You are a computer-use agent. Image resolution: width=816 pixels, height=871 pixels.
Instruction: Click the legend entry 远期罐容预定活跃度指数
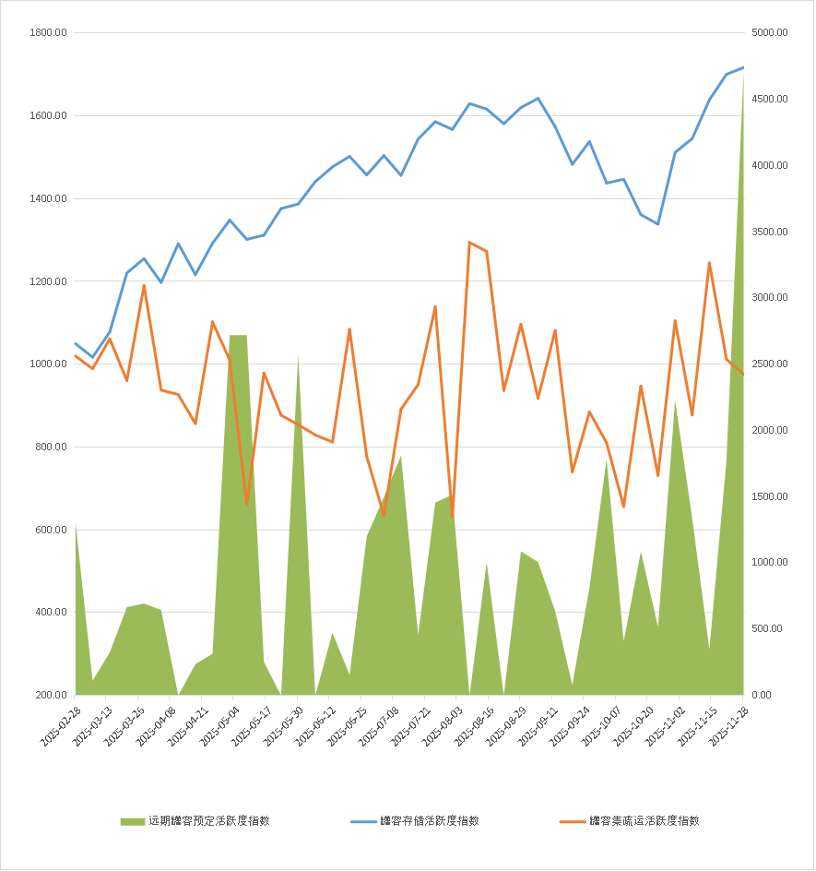(208, 820)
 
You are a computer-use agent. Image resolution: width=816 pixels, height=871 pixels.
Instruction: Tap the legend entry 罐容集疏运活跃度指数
(644, 820)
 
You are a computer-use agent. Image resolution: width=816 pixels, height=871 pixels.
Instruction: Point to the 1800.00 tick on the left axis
(48, 33)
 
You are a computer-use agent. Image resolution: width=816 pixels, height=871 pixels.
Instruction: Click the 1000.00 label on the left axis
(48, 364)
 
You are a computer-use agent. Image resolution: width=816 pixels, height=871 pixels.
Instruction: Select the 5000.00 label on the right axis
(769, 33)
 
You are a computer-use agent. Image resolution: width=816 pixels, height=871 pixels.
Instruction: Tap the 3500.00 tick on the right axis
(769, 232)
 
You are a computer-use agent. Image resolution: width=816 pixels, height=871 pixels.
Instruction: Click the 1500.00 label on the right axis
(769, 496)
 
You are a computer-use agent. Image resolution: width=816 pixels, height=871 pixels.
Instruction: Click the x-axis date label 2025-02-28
(61, 725)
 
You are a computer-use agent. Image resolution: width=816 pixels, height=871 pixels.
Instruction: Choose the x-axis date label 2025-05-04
(219, 725)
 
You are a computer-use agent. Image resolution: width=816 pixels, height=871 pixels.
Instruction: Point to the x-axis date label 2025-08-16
(473, 725)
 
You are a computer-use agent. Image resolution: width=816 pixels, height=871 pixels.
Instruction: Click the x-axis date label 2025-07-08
(378, 725)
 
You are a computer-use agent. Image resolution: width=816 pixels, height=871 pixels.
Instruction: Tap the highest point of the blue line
(743, 67)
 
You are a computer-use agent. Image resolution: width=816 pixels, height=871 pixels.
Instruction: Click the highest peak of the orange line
(469, 242)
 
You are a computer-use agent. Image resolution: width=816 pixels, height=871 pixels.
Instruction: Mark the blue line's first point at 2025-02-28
(76, 343)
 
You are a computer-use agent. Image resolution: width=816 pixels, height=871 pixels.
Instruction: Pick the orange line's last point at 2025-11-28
(743, 374)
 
